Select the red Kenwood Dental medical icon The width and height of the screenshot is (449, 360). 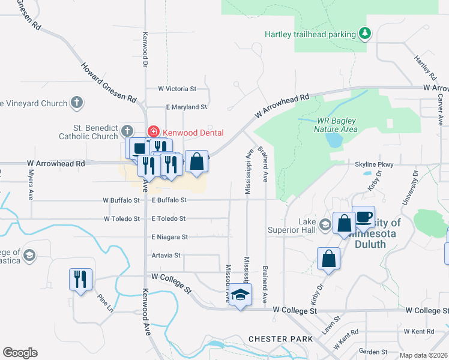click(153, 132)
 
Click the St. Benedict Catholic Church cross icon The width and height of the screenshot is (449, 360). click(126, 131)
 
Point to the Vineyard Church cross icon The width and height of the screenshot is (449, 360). click(76, 103)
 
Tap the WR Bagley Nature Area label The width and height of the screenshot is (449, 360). click(336, 125)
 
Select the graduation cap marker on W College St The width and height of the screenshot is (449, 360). click(240, 295)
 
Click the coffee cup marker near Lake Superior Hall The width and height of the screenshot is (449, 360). click(363, 217)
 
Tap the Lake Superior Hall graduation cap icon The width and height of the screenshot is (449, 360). click(325, 224)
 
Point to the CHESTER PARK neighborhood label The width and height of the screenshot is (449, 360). click(280, 339)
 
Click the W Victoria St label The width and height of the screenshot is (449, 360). click(177, 89)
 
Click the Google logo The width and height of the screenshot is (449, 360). click(20, 353)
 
